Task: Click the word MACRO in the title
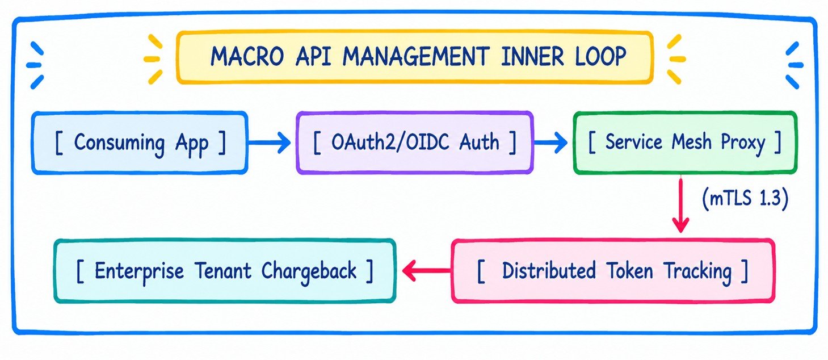(247, 57)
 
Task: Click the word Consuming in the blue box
(119, 143)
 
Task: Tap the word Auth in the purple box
(479, 142)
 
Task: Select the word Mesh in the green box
(691, 141)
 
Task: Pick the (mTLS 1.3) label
(745, 198)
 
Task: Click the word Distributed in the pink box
(549, 270)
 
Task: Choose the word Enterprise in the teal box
(139, 271)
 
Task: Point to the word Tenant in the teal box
(222, 270)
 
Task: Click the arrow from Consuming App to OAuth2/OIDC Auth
(269, 143)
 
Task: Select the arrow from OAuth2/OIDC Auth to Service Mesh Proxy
(550, 143)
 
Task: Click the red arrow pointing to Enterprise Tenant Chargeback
(427, 271)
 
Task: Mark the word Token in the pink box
(629, 270)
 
